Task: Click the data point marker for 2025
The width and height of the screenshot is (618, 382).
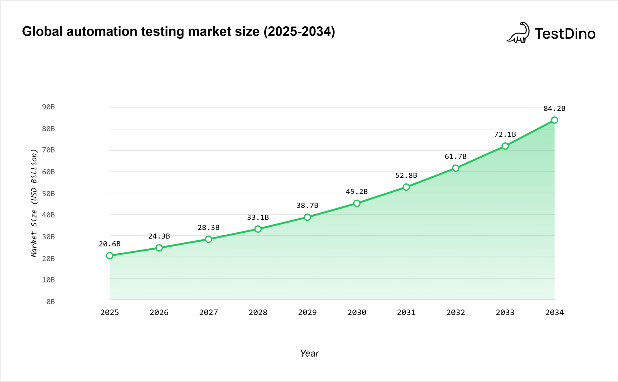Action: point(110,256)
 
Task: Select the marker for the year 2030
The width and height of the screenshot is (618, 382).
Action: point(357,203)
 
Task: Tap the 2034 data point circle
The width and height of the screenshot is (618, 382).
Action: point(555,120)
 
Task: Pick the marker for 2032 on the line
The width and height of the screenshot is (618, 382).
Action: point(456,168)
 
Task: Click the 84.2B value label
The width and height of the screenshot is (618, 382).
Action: point(555,109)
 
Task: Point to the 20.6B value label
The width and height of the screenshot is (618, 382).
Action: point(110,244)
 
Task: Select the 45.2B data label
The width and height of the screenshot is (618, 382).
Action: point(357,192)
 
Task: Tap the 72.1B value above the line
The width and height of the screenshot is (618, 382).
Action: point(505,134)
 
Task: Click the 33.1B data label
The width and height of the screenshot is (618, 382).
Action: point(258,217)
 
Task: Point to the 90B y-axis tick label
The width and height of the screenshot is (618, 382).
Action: point(48,107)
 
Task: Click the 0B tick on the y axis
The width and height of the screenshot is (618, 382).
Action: point(50,302)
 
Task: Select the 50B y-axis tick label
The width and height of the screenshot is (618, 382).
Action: point(48,194)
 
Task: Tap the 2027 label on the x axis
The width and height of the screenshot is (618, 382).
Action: point(208,312)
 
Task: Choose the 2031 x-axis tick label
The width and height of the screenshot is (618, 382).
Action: point(406,312)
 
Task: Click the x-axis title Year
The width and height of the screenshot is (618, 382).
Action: point(309,353)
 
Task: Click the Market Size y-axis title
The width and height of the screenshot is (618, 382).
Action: point(34,203)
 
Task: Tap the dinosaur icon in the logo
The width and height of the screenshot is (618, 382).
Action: point(519,33)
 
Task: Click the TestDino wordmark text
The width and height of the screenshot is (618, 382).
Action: point(565,34)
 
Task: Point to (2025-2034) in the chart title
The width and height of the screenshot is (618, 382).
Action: point(299,32)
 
